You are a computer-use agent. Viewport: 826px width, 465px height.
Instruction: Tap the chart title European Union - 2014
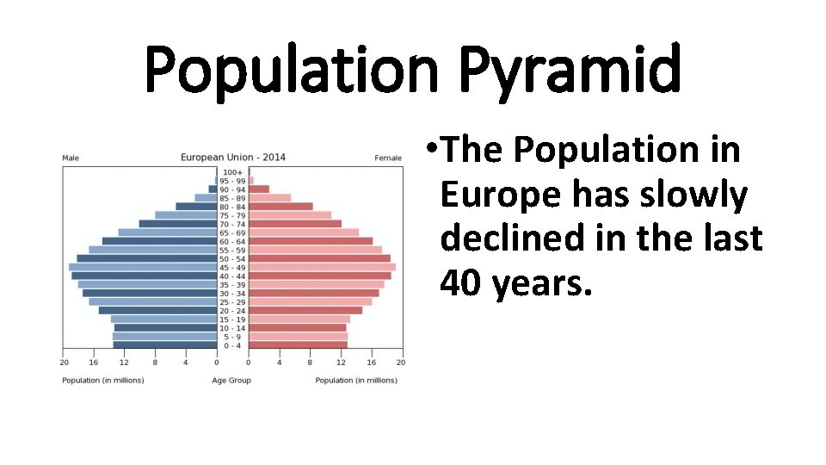click(232, 158)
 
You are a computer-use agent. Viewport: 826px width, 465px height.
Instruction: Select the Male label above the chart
click(71, 158)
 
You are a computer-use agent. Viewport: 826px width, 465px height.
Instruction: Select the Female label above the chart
click(388, 158)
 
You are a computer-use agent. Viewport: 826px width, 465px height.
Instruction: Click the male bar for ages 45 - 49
click(142, 267)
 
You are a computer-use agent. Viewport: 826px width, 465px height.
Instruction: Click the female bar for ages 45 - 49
click(322, 267)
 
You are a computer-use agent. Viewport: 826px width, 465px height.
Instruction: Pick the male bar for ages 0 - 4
click(164, 344)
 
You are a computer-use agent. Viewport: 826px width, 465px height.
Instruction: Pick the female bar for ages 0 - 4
click(298, 344)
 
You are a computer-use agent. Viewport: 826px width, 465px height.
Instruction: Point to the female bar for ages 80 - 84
click(280, 207)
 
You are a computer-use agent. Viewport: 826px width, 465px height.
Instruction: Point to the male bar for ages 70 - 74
click(177, 224)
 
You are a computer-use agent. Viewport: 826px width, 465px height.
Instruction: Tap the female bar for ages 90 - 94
click(259, 189)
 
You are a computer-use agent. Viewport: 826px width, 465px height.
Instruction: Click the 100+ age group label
click(232, 172)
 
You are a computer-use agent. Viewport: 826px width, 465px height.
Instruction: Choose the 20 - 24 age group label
click(232, 310)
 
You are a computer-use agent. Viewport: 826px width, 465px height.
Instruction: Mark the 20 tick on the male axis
click(64, 362)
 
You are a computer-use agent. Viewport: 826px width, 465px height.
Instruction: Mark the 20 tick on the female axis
click(401, 362)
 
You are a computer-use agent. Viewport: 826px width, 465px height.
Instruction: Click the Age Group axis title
click(231, 380)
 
